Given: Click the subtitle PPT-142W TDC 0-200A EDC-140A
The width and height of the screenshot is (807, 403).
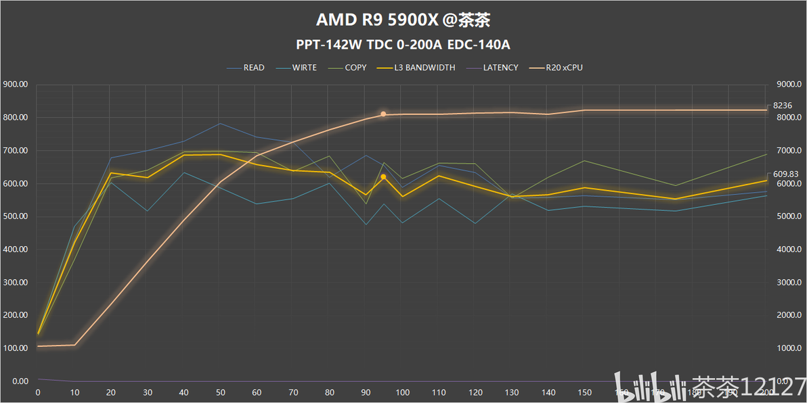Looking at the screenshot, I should [403, 45].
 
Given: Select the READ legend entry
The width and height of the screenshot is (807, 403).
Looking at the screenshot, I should [253, 68].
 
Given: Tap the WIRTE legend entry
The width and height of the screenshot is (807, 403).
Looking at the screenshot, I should [304, 68].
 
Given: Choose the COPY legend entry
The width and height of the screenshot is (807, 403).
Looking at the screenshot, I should [355, 68].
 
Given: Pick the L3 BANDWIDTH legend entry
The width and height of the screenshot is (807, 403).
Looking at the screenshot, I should [424, 68].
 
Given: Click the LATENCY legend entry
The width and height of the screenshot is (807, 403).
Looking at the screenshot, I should [500, 68].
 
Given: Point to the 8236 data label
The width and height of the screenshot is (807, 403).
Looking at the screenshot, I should [783, 105].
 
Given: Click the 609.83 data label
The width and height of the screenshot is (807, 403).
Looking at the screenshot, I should [785, 174].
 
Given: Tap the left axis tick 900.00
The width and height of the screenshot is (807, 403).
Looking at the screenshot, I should [15, 85].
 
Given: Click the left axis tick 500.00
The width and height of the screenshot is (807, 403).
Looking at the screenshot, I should [15, 216].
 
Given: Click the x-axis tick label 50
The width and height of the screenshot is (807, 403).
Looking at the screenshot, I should [220, 392].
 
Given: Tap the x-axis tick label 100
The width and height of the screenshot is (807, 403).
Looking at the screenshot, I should [403, 392].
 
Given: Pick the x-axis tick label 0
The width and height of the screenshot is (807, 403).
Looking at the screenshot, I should [37, 392].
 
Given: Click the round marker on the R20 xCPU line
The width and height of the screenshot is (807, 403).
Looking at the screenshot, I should [383, 114].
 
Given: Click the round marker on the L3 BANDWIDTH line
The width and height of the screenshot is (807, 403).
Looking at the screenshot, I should [383, 176].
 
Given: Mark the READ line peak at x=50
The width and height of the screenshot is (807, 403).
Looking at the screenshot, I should [220, 123].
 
